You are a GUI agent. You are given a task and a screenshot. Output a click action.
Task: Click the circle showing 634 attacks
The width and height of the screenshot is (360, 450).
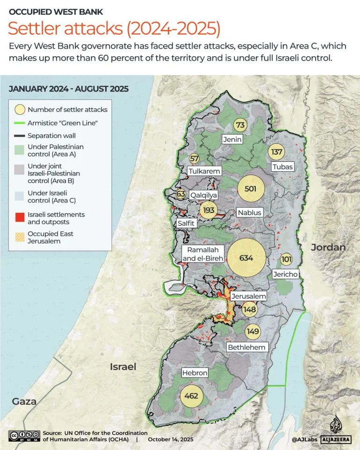point(246,258)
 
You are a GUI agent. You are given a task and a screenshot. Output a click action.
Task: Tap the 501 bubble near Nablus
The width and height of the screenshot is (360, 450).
point(247,189)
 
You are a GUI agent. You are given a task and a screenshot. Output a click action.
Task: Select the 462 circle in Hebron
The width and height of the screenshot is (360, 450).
point(191,396)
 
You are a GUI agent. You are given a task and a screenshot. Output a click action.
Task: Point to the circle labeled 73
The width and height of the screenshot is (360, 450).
point(240,125)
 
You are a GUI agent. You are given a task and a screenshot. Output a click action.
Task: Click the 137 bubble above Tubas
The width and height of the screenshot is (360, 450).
point(277,152)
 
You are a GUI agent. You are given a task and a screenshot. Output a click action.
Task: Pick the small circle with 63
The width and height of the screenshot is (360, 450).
point(181,194)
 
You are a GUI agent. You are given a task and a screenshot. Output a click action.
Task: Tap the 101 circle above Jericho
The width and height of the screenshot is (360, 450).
point(287,259)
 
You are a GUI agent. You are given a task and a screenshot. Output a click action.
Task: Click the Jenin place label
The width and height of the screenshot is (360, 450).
point(232,139)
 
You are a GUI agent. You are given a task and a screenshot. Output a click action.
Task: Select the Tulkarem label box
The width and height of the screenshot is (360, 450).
point(204,171)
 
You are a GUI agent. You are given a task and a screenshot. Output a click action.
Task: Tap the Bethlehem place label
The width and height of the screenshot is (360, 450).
point(246,347)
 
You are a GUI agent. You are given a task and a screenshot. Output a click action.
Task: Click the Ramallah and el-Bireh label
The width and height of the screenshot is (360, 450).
point(203,254)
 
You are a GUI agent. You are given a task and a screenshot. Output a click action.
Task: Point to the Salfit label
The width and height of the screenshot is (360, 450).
point(186,224)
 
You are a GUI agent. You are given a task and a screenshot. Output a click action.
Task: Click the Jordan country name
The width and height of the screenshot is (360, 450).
point(328,247)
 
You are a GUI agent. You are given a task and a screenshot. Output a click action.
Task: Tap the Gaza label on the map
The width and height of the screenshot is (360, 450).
point(24,401)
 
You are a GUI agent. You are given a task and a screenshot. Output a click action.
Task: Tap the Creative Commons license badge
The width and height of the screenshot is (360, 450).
point(23,435)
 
